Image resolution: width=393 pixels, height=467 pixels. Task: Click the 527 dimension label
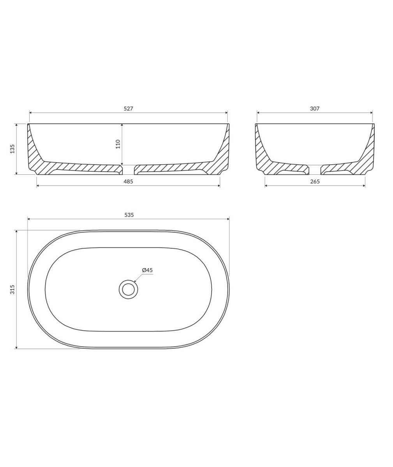tap(128, 109)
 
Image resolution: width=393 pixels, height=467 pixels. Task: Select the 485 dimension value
tap(128, 182)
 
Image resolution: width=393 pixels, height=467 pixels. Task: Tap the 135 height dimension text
tap(12, 149)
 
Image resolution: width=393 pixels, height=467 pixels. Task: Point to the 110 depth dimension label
tap(118, 144)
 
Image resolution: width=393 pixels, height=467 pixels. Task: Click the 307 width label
tap(315, 109)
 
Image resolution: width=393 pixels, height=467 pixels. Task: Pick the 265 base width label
tap(315, 182)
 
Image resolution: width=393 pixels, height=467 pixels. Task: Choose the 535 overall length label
tap(129, 215)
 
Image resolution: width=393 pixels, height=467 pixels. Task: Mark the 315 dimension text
tap(12, 290)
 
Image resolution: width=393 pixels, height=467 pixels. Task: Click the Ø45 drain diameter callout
tap(147, 270)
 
